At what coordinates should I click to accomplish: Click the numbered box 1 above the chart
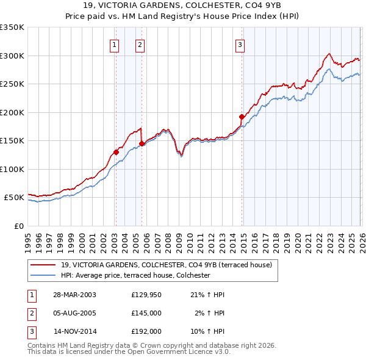[115, 44]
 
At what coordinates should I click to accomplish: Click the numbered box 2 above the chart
[140, 44]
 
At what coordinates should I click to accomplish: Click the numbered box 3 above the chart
[240, 44]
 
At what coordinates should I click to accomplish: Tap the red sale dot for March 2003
[116, 153]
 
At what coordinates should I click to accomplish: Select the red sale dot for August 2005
[142, 144]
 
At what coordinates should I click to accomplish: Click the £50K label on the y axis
[14, 198]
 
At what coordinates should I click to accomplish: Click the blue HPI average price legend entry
[135, 275]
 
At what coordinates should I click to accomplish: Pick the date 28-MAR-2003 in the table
[75, 295]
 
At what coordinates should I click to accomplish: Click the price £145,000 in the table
[146, 313]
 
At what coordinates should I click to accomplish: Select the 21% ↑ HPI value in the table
[210, 295]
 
